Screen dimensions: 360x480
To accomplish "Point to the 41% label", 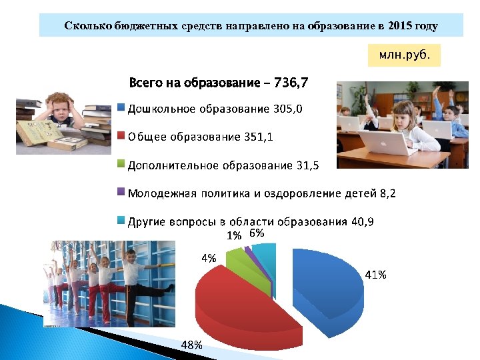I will (375, 275).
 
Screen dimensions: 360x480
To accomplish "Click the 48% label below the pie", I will (193, 344).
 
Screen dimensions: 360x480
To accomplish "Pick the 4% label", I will (209, 258).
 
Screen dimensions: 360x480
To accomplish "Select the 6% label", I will (257, 233).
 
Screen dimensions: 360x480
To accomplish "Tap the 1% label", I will (234, 235).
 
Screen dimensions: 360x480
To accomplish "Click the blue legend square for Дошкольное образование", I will (121, 107).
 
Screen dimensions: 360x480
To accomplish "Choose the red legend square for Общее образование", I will (121, 135).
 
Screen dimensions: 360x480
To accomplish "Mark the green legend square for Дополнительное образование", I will (121, 163).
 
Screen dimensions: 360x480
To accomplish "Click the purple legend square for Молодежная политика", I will (121, 192).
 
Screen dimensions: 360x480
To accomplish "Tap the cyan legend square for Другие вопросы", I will (121, 220).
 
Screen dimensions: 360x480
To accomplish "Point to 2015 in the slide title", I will (399, 26).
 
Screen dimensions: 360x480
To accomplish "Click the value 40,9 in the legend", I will (360, 221).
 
